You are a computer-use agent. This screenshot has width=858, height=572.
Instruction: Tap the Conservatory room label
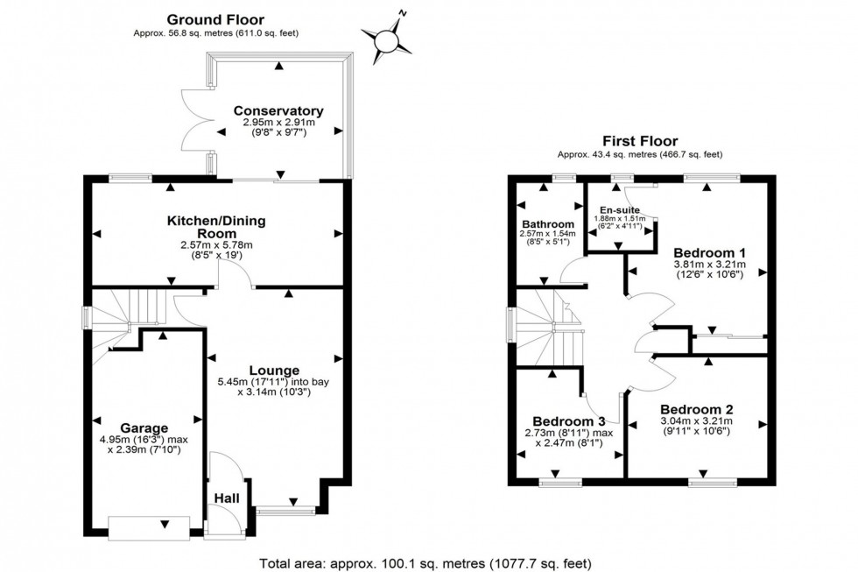(x=278, y=111)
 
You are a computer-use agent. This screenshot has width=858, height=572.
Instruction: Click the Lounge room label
(x=275, y=370)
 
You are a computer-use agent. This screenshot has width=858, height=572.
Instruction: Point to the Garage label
(x=144, y=428)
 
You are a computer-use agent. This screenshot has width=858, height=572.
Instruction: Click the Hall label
(x=227, y=498)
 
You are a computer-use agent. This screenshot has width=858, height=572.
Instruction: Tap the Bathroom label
(x=548, y=224)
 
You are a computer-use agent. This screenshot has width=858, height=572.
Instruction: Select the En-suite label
(x=620, y=210)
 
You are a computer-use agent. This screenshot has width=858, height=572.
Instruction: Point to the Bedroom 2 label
(x=697, y=409)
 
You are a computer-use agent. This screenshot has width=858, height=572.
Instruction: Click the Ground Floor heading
(x=214, y=19)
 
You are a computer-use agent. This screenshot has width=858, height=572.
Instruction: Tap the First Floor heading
(x=639, y=141)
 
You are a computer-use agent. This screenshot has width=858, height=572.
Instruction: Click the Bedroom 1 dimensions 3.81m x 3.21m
(x=709, y=265)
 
